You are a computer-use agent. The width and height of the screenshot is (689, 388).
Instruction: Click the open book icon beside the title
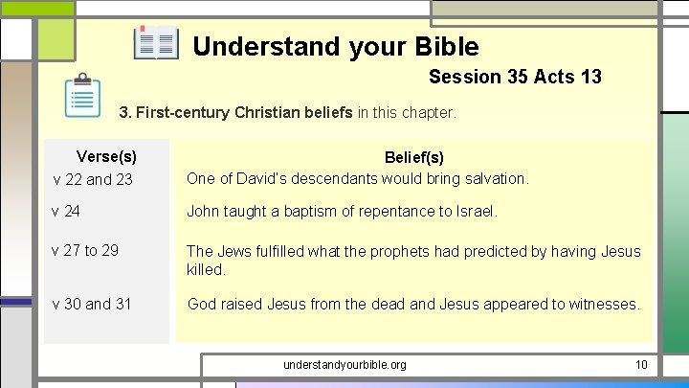[156, 43]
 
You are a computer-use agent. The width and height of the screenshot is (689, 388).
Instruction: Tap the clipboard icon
[83, 96]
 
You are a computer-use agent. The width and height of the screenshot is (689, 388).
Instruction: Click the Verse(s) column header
[106, 156]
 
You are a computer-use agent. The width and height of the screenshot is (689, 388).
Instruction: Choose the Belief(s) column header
[413, 156]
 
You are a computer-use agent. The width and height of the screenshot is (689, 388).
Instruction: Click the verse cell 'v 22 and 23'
[93, 179]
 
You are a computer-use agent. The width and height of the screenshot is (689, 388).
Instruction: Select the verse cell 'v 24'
[67, 211]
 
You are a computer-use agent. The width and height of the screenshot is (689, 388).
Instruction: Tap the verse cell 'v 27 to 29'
[86, 250]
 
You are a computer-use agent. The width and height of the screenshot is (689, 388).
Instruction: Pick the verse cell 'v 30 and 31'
[93, 304]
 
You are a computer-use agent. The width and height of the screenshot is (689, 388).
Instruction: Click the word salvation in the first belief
[494, 178]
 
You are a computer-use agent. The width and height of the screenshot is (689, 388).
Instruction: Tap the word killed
[206, 269]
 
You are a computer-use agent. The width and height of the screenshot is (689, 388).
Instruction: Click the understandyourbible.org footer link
[344, 365]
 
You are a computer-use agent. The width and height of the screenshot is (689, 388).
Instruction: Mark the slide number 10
[641, 365]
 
